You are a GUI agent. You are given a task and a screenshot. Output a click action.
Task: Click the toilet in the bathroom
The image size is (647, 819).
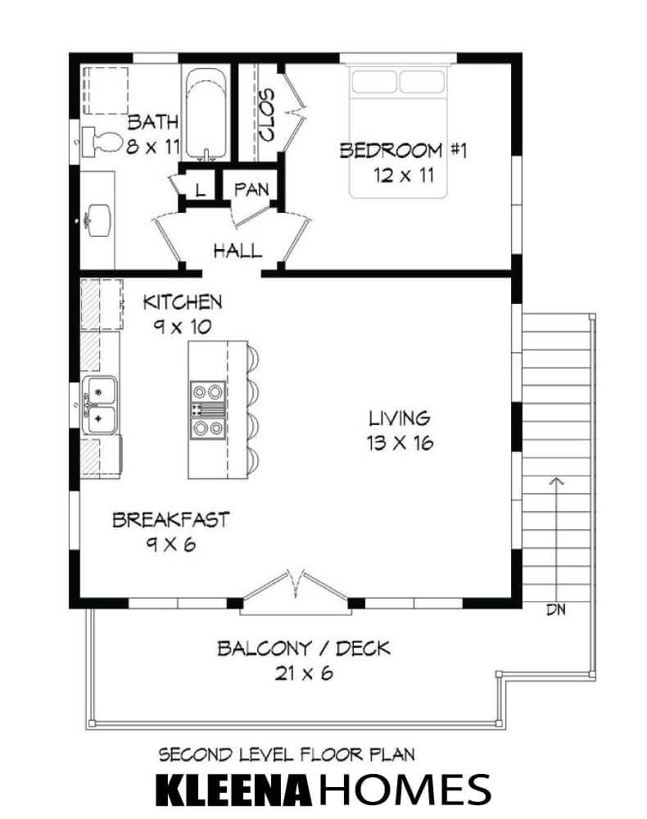pos(102,142)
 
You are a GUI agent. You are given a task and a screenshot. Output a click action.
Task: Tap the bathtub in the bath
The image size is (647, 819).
pos(206,113)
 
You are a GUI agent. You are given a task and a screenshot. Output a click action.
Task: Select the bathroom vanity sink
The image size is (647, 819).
pos(98,219)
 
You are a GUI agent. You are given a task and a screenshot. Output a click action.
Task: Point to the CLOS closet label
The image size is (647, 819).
pos(267,115)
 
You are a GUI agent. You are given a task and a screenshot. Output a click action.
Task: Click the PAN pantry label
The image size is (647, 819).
pos(251,190)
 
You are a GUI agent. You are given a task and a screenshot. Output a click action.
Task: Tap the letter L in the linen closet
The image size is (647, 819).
pos(200,190)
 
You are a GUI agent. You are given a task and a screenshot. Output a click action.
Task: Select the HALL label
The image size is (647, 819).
pos(238,251)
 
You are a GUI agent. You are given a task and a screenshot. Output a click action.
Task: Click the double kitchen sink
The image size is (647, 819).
pos(100,405)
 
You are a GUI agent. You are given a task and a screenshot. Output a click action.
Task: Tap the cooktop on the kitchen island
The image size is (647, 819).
pos(208,410)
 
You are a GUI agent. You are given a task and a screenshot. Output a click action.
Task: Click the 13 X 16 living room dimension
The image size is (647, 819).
pos(400,443)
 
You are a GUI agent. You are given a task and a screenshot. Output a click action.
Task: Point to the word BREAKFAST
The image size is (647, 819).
pos(171,520)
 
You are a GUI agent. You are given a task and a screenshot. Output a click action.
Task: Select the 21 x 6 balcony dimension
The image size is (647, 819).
pos(304,673)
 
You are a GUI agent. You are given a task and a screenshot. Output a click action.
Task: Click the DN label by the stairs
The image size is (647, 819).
pos(556,609)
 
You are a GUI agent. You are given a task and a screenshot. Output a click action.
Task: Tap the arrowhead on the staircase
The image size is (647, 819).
pos(557,481)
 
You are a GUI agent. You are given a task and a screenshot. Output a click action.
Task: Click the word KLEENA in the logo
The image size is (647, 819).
pos(233,789)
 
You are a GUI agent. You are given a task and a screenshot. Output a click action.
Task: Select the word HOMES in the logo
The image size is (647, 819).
pos(405,789)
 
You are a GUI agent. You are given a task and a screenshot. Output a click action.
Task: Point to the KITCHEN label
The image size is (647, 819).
pos(183,302)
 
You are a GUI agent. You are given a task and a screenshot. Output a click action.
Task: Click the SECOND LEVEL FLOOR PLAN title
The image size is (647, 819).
pos(287,755)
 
